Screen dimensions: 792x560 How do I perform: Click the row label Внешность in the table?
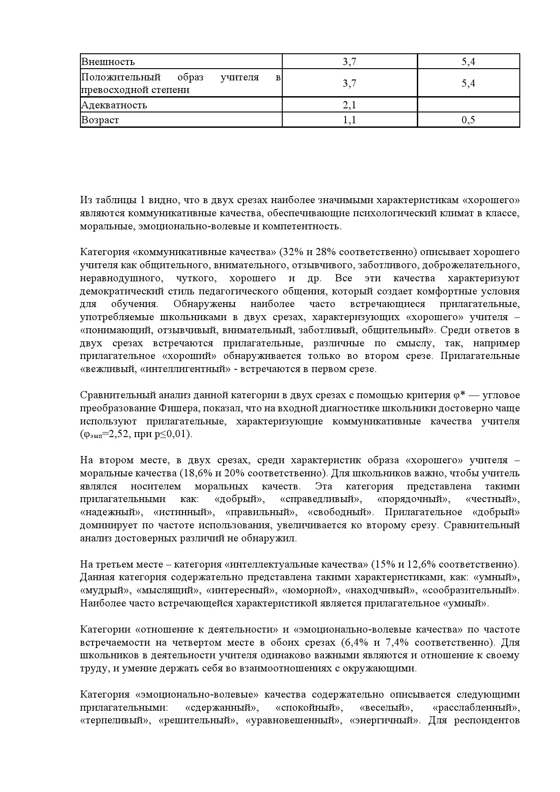coord(107,61)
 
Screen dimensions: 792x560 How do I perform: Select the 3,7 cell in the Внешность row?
coord(350,61)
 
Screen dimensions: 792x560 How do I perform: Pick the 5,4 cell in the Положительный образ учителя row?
coord(468,84)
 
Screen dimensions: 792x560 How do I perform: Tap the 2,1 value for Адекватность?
coord(350,105)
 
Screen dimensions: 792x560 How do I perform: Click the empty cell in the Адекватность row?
coord(468,105)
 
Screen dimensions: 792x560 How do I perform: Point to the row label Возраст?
coord(100,120)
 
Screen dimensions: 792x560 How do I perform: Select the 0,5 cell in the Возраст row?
coord(468,120)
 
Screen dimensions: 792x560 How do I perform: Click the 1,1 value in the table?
coord(350,120)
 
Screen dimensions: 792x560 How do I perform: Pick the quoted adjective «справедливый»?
coord(321,499)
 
